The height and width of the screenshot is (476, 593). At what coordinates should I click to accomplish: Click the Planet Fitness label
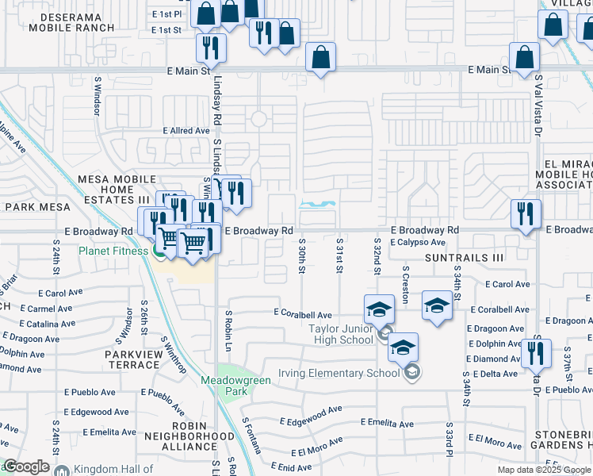113,251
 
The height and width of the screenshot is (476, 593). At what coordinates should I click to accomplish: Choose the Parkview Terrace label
124,359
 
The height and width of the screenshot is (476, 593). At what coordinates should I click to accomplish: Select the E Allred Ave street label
186,131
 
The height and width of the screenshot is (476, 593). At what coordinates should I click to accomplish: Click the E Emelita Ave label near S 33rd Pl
386,424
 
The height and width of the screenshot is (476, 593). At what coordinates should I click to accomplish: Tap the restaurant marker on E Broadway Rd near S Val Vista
526,214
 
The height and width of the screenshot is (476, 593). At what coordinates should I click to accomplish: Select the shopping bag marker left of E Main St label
319,57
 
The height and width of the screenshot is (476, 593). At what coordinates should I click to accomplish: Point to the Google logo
26,466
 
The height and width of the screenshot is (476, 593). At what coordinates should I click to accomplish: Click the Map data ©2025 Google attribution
544,470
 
